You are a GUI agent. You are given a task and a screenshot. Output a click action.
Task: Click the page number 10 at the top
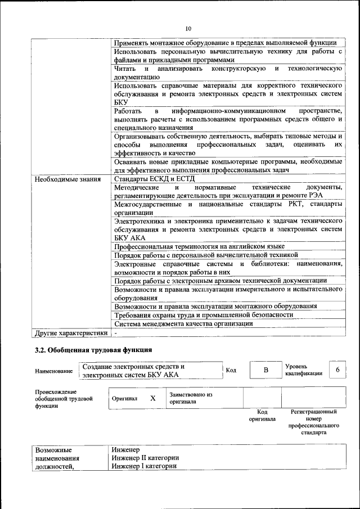(x=188, y=28)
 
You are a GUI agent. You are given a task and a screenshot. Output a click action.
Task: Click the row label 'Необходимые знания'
(x=67, y=179)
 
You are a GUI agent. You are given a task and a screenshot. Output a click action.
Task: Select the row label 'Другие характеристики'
(x=71, y=333)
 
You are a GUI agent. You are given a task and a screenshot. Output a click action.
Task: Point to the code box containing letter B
(x=266, y=370)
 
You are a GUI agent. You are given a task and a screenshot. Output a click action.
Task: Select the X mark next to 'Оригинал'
(x=152, y=398)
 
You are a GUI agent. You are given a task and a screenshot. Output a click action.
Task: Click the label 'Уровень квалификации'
(x=304, y=370)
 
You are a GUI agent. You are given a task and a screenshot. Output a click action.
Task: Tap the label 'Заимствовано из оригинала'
(x=190, y=398)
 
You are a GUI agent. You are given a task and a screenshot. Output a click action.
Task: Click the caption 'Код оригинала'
(x=262, y=416)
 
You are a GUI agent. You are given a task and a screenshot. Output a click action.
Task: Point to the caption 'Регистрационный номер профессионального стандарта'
(x=313, y=422)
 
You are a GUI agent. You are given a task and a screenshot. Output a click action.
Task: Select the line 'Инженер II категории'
(x=145, y=458)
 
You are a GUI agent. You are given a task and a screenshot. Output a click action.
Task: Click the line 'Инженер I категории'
(x=144, y=466)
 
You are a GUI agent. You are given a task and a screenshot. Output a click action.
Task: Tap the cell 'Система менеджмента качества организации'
(x=183, y=323)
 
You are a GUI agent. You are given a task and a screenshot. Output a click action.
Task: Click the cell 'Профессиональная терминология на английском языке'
(x=199, y=246)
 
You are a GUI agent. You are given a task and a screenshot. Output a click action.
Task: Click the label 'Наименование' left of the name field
(x=53, y=371)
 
